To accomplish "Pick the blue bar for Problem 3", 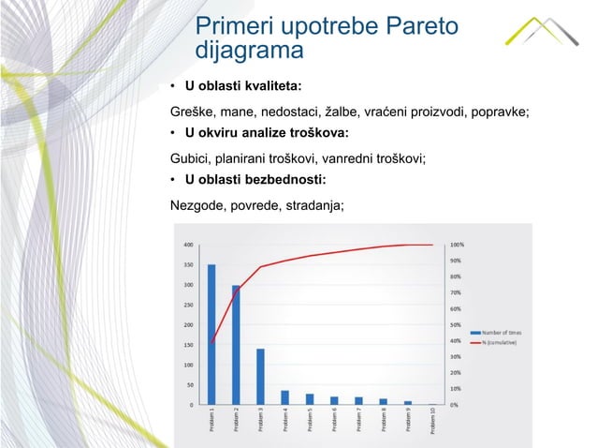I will pos(260,377).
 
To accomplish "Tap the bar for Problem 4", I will pos(284,397).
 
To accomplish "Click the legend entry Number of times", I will pos(502,333).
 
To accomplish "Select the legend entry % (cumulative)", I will pos(501,343).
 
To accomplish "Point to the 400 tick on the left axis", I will pos(188,245).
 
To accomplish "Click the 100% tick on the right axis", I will pos(458,245).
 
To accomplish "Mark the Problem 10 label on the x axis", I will pos(432,425).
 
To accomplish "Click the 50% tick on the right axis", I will pos(456,324).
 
